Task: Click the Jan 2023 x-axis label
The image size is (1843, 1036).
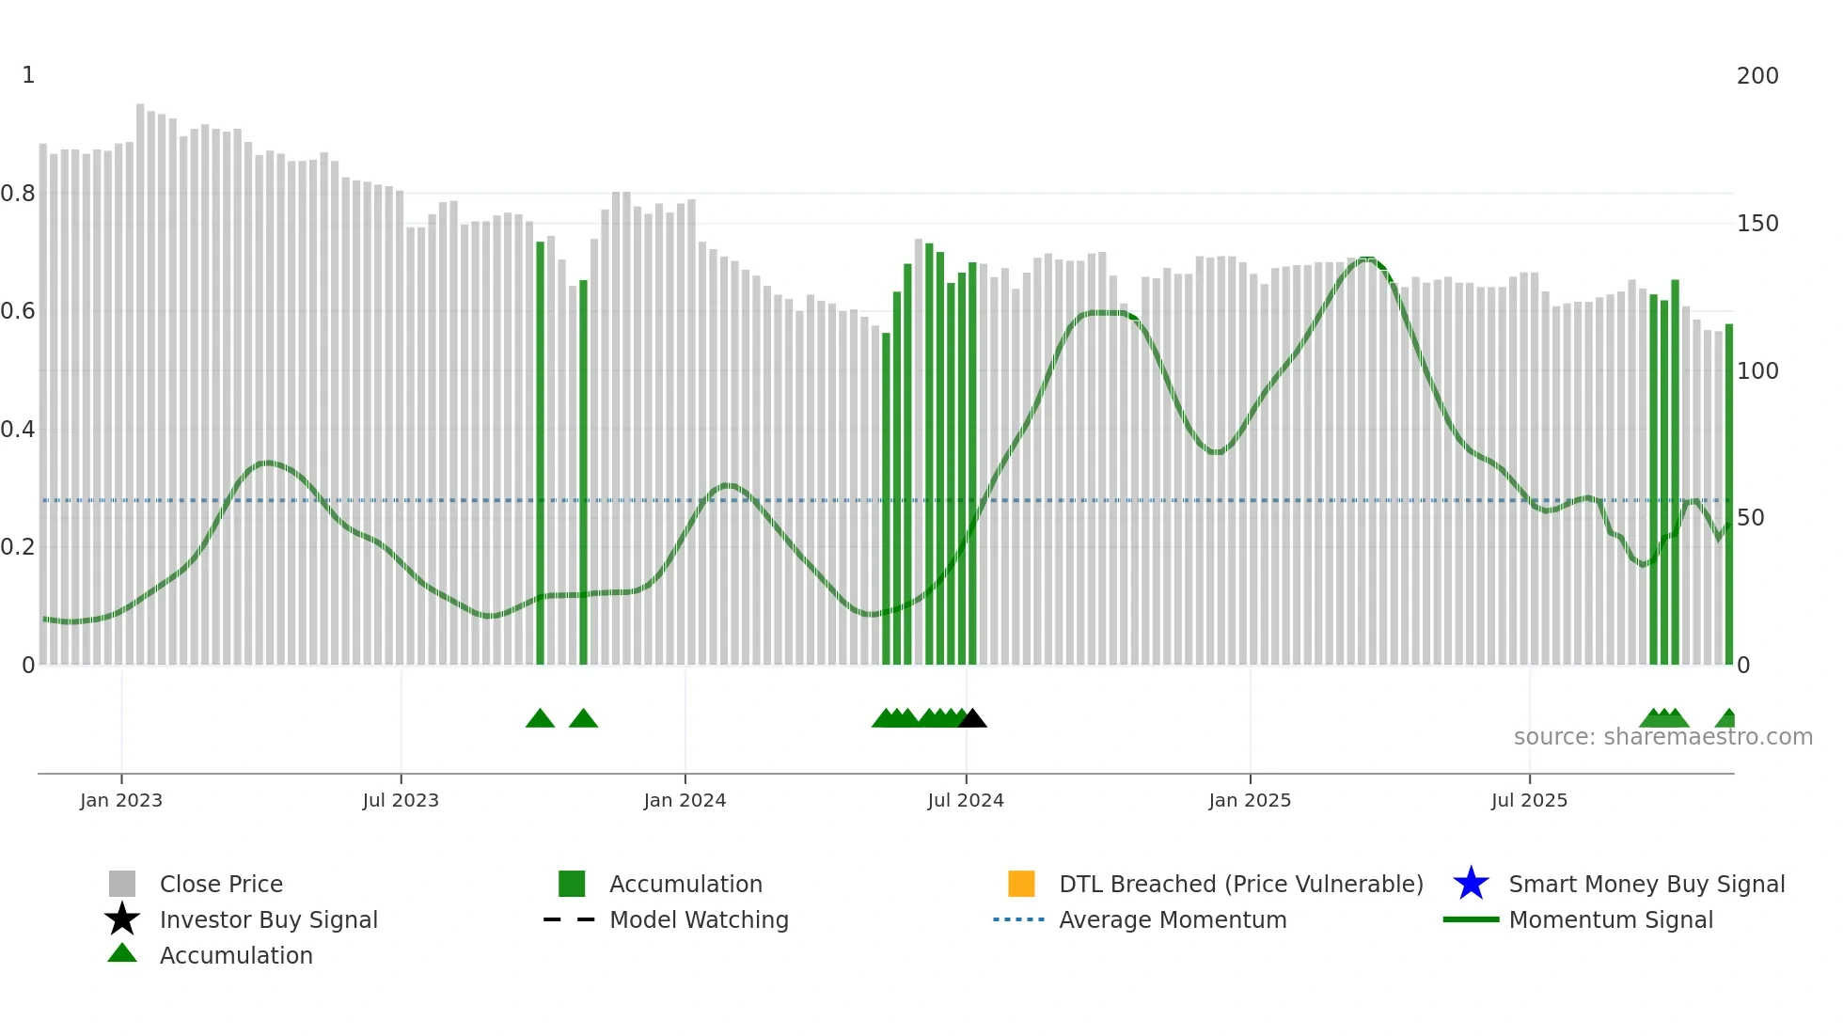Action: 121,800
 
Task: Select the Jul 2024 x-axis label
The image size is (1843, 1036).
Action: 966,800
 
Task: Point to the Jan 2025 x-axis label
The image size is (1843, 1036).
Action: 1250,800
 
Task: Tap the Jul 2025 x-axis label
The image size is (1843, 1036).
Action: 1529,800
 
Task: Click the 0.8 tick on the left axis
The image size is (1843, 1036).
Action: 18,194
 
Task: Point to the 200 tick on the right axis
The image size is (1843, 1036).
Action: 1757,76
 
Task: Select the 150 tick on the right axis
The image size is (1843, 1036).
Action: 1757,224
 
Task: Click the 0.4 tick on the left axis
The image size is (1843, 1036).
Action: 18,430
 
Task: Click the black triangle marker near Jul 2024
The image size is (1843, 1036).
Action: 972,719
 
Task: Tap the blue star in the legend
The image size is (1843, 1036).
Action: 1471,884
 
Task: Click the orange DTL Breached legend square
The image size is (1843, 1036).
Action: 1021,884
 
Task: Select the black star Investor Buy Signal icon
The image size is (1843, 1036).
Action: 122,919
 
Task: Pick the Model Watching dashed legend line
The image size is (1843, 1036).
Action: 569,919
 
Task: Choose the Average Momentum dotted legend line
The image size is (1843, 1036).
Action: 1018,919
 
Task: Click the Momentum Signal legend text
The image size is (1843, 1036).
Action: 1611,919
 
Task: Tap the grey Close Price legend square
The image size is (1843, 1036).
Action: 122,884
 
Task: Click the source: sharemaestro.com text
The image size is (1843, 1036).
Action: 1662,737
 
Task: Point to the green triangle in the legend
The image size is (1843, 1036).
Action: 122,953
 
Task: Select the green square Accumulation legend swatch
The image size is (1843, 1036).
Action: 572,884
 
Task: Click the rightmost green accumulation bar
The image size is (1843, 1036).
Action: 1728,494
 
